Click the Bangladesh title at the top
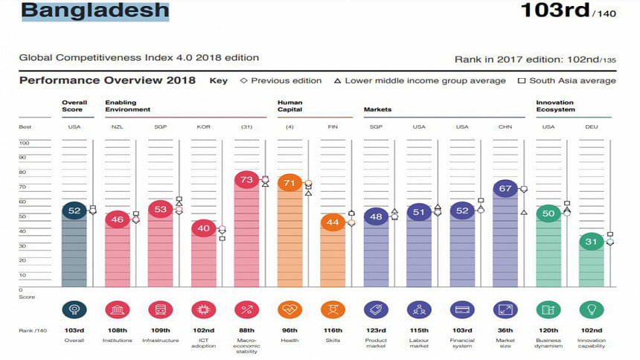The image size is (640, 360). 95,12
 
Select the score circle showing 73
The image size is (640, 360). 246,179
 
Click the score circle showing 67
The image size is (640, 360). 505,189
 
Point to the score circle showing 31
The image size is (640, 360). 591,241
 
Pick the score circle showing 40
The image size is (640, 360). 202,228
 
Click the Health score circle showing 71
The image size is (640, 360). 289,182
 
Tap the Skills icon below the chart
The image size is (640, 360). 332,309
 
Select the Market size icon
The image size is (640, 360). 505,309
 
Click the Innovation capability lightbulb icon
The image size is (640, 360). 591,309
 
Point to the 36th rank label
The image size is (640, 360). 505,331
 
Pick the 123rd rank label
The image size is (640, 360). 375,331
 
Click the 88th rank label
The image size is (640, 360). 246,331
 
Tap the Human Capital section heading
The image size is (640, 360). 290,106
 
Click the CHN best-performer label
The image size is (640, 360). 505,127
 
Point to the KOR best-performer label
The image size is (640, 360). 202,127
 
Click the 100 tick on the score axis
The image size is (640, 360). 24,142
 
